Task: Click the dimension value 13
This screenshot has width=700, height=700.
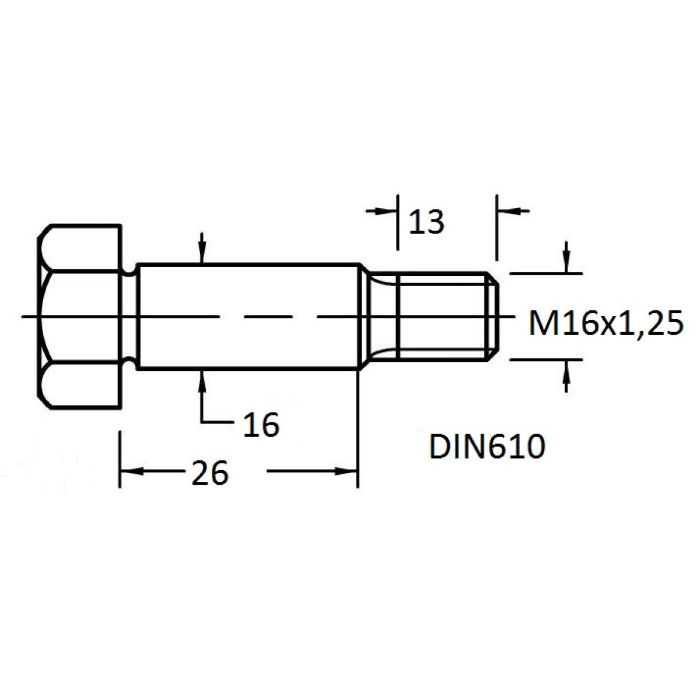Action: pyautogui.click(x=426, y=222)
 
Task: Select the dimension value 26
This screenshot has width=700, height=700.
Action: pyautogui.click(x=210, y=473)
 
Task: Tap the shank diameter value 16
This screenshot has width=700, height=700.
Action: pyautogui.click(x=261, y=424)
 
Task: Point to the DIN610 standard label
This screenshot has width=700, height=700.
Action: pyautogui.click(x=487, y=446)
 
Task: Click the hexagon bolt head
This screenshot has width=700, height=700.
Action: pyautogui.click(x=79, y=317)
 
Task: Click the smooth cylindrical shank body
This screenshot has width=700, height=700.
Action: pyautogui.click(x=249, y=316)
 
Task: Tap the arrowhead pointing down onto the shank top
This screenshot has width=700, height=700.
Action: pyautogui.click(x=202, y=252)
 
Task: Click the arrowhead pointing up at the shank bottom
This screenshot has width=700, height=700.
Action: pyautogui.click(x=202, y=381)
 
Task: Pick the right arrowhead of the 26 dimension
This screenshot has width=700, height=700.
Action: pyautogui.click(x=346, y=471)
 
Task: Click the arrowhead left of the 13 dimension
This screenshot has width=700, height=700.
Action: pyautogui.click(x=386, y=211)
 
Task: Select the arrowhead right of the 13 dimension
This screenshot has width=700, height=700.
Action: pyautogui.click(x=509, y=211)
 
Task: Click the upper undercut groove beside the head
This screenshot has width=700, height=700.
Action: pyautogui.click(x=129, y=271)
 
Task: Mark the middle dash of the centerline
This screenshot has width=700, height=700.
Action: pyautogui.click(x=269, y=317)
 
